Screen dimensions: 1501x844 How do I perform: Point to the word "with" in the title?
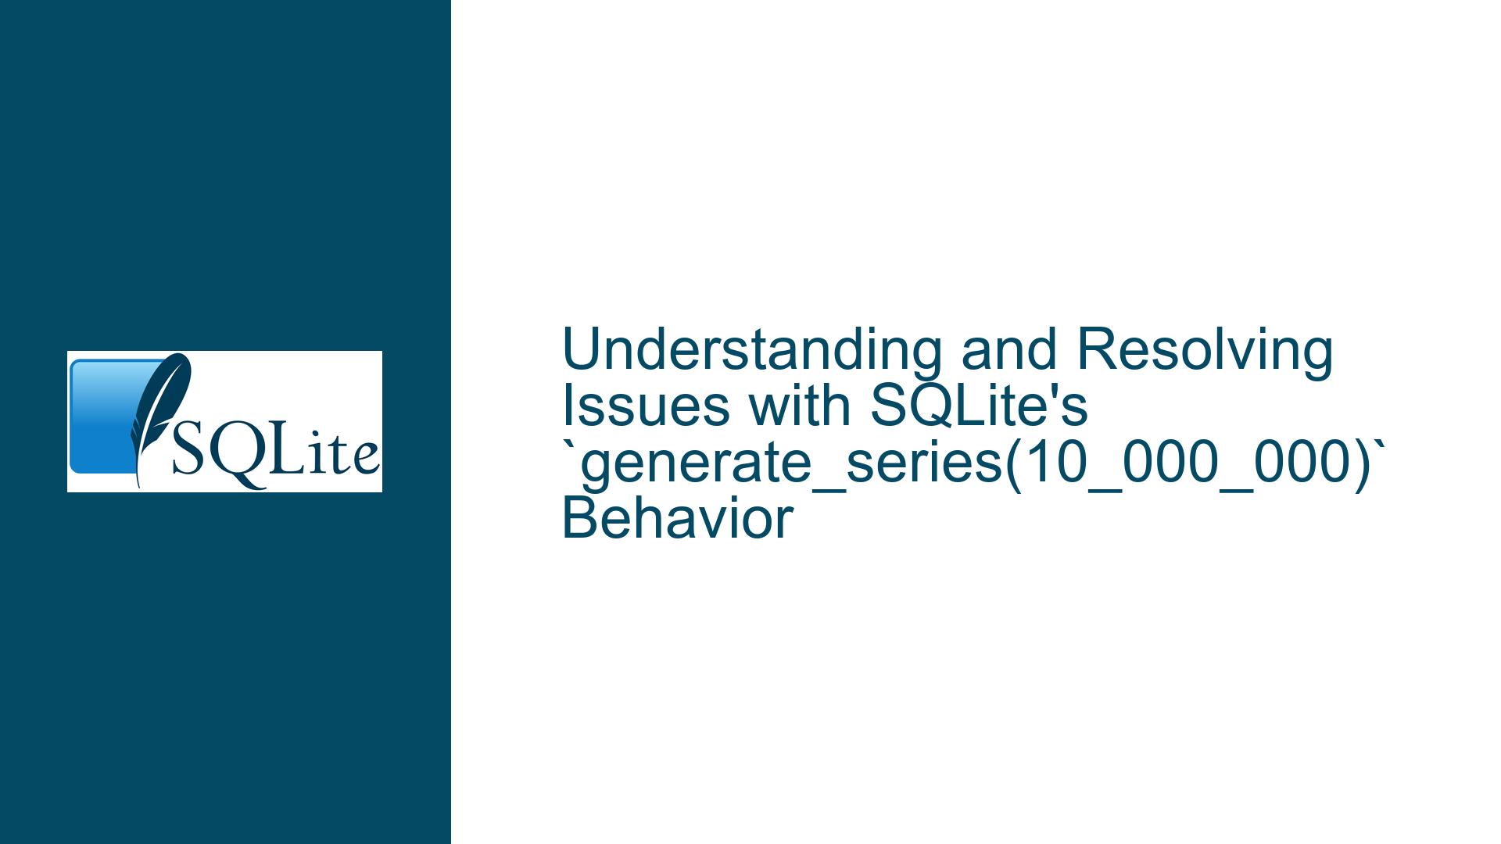798,406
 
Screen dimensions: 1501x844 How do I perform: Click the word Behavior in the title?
678,520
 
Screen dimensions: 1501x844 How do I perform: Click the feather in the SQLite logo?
156,414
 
